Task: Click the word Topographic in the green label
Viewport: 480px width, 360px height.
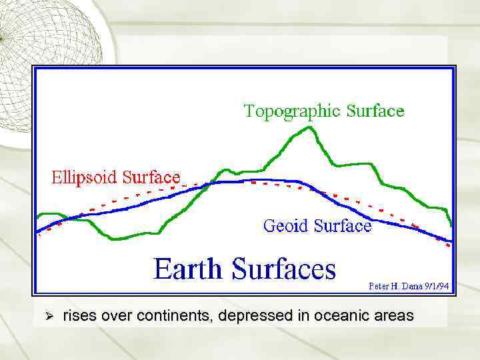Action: coord(291,111)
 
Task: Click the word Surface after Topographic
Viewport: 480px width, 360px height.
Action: coord(375,111)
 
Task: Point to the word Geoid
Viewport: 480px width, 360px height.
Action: coord(286,226)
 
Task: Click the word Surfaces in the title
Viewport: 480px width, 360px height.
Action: coord(284,269)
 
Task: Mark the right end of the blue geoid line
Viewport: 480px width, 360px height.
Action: coord(451,241)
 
